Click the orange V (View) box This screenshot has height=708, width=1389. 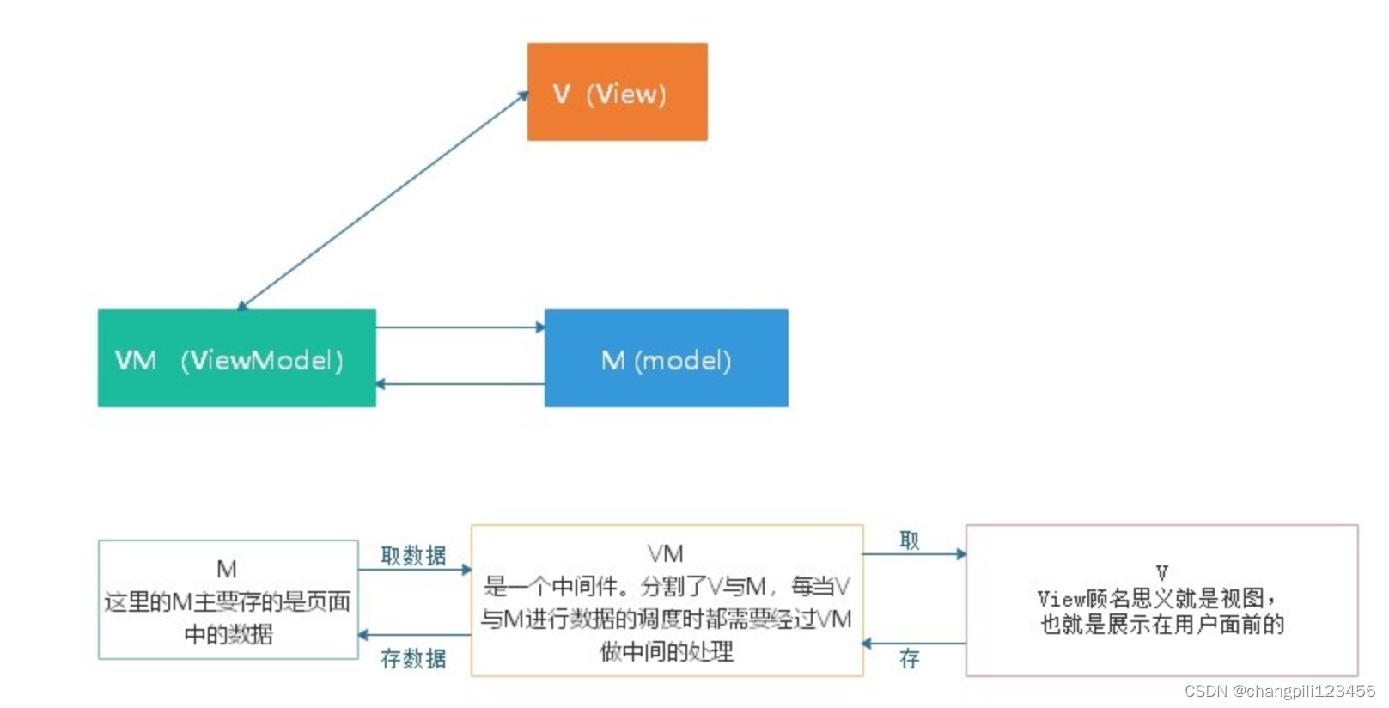pos(617,92)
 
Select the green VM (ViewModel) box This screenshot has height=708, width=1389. pos(236,358)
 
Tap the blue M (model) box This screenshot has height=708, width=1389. pos(666,358)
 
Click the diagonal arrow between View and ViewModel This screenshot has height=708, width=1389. pos(382,201)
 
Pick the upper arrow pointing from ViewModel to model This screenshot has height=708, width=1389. pos(460,327)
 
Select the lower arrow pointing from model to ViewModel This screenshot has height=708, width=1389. pos(460,384)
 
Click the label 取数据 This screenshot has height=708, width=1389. pos(413,556)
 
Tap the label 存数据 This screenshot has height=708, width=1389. pos(413,659)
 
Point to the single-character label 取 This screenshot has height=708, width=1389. pos(909,540)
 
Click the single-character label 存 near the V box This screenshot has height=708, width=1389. pos(909,659)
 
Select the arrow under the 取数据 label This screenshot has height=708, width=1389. pos(414,569)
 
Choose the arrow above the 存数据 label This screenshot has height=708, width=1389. pos(414,635)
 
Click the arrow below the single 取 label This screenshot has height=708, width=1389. pos(914,554)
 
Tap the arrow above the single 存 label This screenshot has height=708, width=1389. pos(914,643)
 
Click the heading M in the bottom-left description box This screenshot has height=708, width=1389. pos(227,569)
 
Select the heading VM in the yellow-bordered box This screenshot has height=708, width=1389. pos(666,553)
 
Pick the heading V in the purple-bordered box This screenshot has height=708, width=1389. pos(1161,572)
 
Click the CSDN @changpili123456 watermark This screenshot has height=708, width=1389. pos(1279,692)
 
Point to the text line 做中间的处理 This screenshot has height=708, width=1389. pos(666,651)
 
